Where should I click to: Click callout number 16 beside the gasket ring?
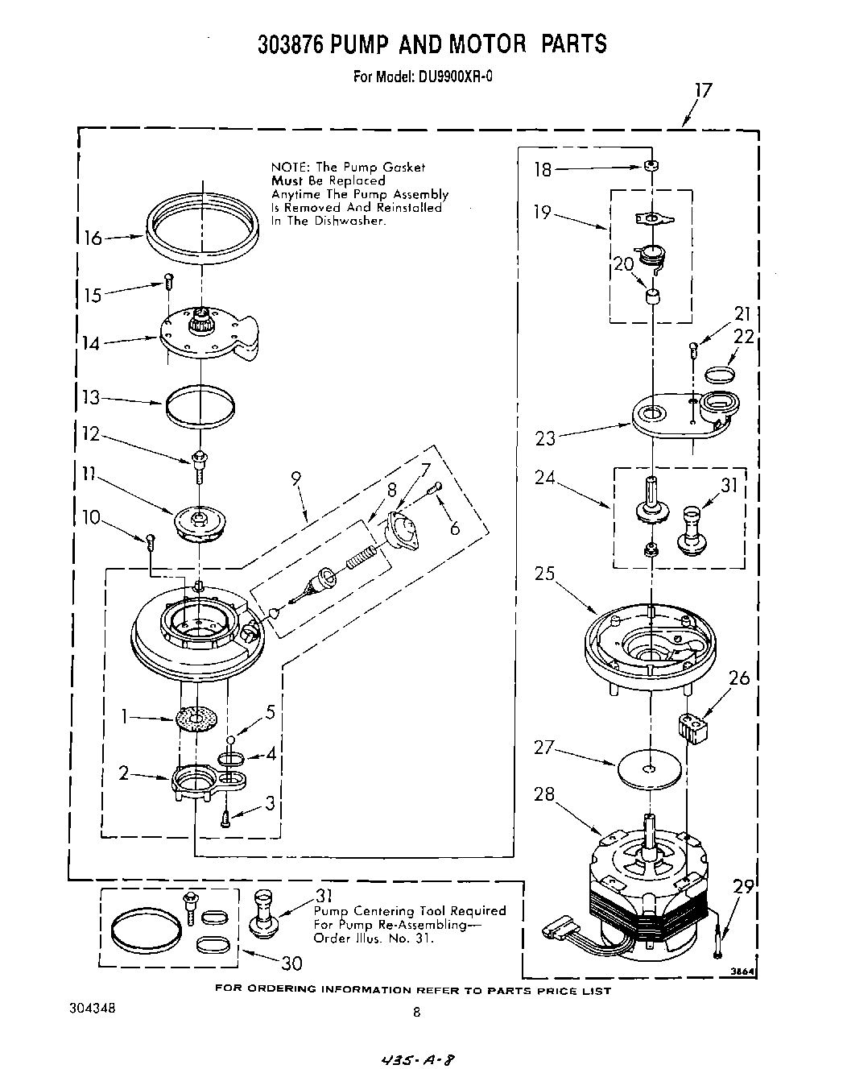tap(93, 238)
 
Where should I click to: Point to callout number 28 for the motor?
tap(544, 793)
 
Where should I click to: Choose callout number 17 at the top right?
tap(703, 90)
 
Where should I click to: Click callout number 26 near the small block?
tap(738, 678)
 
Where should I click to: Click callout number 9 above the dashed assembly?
tap(296, 478)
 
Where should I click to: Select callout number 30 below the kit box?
tap(291, 964)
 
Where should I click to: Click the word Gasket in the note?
tap(404, 168)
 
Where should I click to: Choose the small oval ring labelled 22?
tap(719, 374)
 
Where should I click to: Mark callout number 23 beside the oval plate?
tap(545, 438)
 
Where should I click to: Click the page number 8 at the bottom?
tap(416, 1013)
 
